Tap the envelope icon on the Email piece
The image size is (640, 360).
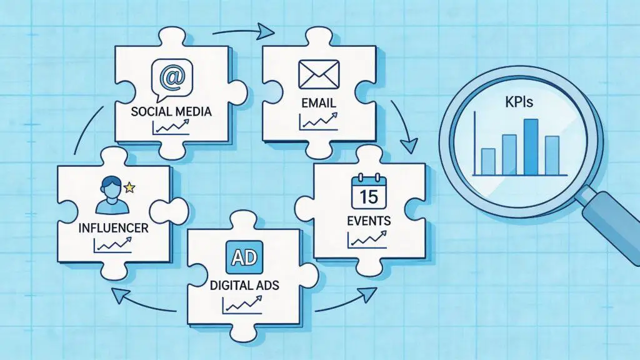pos(319,74)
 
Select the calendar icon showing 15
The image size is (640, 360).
pos(369,192)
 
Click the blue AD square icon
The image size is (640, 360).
pos(244,257)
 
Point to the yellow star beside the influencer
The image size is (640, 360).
pos(129,187)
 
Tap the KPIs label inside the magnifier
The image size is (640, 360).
pos(519,102)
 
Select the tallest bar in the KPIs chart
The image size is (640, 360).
pos(531,147)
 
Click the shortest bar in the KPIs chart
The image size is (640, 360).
pos(488,162)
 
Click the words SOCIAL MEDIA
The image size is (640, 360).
pos(171,111)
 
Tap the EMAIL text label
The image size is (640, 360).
pos(319,103)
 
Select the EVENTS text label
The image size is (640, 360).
pos(369,221)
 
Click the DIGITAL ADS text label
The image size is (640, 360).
pos(244,285)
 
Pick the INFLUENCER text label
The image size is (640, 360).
pos(113,227)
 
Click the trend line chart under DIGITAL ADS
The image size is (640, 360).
pos(242,305)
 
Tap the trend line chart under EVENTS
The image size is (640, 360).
pos(367,239)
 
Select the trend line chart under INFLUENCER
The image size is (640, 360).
pos(112,246)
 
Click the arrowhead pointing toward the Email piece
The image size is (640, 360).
pos(266,31)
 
